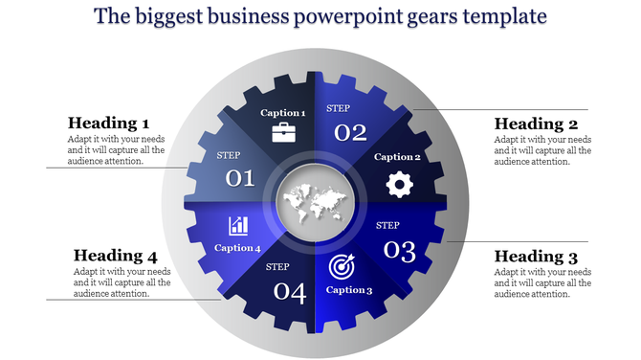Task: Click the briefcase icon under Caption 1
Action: tap(284, 132)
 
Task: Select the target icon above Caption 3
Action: tap(342, 265)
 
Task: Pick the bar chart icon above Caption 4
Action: tap(238, 226)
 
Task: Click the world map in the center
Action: tap(315, 201)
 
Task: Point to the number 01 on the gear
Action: tap(239, 177)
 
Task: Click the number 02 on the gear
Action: tap(351, 132)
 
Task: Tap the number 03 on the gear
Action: tap(399, 251)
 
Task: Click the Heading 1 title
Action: tap(108, 124)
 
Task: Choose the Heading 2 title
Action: tap(535, 124)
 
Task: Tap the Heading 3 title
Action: tap(535, 256)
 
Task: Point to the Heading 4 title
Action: tap(115, 256)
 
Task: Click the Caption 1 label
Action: tap(283, 113)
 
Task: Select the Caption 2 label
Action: tap(397, 157)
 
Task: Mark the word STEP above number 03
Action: tap(387, 226)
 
